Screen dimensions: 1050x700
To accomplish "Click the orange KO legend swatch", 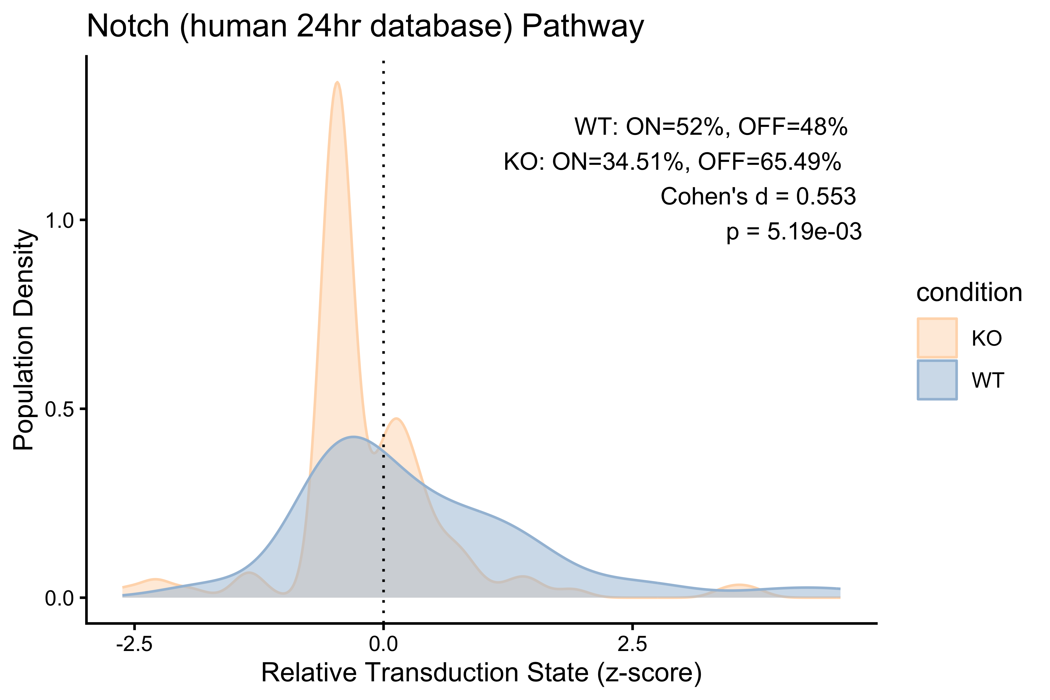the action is (x=937, y=338).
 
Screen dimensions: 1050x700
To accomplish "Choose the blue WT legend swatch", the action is (x=937, y=380).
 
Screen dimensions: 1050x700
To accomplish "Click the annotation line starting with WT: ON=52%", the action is (x=711, y=127).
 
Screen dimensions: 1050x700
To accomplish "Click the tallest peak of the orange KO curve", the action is (x=337, y=82).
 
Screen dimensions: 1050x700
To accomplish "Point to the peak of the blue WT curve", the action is (x=353, y=437).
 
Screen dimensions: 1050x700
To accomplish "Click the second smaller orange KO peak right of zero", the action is (x=396, y=418).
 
